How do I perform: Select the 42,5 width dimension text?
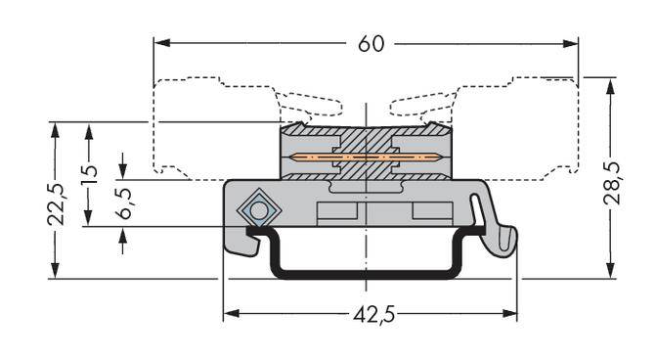point(371,315)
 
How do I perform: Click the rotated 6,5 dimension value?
point(123,205)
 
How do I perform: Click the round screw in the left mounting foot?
point(258,209)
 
